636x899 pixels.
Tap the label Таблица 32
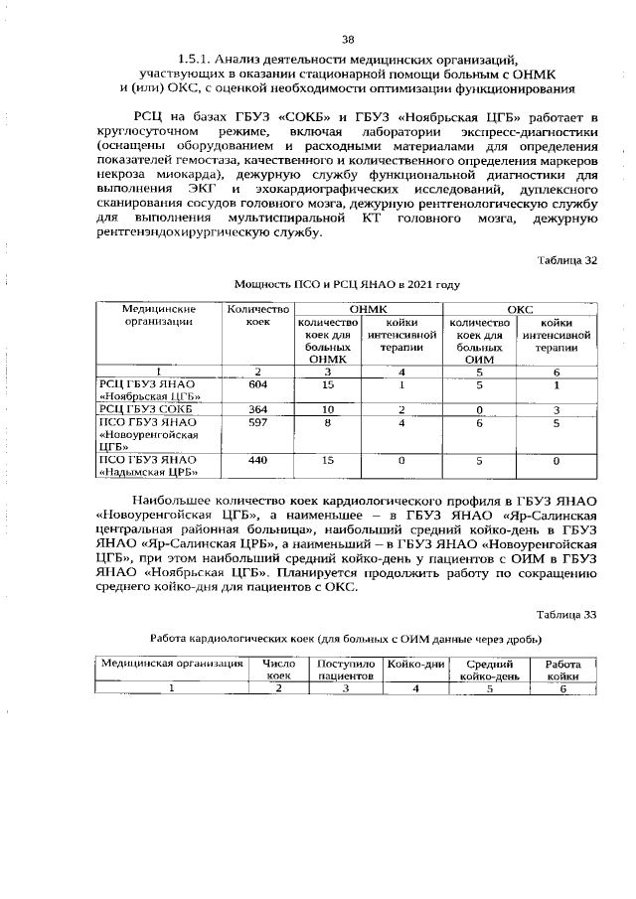pyautogui.click(x=566, y=260)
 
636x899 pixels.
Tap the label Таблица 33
pyautogui.click(x=566, y=614)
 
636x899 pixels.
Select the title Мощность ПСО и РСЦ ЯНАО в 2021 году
pyautogui.click(x=347, y=284)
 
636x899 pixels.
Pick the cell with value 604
pyautogui.click(x=258, y=384)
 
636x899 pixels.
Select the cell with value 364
pyautogui.click(x=258, y=409)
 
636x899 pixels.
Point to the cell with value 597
pyautogui.click(x=258, y=423)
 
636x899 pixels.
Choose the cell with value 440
pyautogui.click(x=258, y=460)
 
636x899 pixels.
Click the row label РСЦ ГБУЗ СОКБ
pyautogui.click(x=146, y=409)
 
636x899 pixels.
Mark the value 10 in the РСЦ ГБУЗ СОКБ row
pyautogui.click(x=327, y=409)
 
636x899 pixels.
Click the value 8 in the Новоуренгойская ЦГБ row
pyautogui.click(x=327, y=423)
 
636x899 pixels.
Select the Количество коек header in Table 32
pyautogui.click(x=258, y=317)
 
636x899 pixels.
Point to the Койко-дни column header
pyautogui.click(x=416, y=663)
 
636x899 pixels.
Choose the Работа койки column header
pyautogui.click(x=561, y=669)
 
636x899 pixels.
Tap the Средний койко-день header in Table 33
pyautogui.click(x=489, y=669)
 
